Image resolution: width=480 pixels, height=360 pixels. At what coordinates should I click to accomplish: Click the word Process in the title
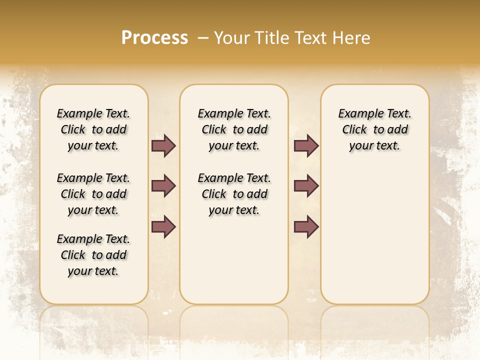click(154, 38)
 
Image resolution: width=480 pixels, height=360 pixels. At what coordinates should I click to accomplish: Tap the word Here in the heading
click(351, 38)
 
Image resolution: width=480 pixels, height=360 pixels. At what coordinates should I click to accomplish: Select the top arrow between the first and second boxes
click(163, 145)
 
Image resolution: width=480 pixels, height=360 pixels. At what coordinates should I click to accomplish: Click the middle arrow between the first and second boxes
click(163, 186)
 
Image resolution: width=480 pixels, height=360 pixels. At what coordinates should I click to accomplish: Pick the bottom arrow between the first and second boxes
click(163, 226)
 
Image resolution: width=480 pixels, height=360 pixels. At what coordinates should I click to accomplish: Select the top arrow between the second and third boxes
click(306, 145)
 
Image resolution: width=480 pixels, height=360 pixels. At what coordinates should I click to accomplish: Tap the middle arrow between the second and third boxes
click(306, 186)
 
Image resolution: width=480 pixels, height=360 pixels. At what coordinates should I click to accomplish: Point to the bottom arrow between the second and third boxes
click(306, 226)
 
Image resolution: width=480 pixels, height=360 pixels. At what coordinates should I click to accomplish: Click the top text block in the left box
click(93, 129)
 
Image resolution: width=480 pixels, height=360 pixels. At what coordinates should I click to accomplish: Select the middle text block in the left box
click(93, 194)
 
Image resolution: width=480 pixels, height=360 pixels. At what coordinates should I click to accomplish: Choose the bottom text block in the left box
click(93, 255)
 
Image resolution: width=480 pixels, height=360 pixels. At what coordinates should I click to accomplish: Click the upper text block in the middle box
click(234, 129)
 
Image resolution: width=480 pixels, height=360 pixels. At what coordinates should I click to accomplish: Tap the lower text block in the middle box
click(234, 194)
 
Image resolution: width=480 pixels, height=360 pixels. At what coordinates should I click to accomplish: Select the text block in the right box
click(374, 129)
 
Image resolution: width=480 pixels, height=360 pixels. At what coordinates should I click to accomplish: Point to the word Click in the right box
click(354, 130)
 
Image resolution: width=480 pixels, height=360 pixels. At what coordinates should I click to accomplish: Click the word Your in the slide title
click(232, 38)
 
